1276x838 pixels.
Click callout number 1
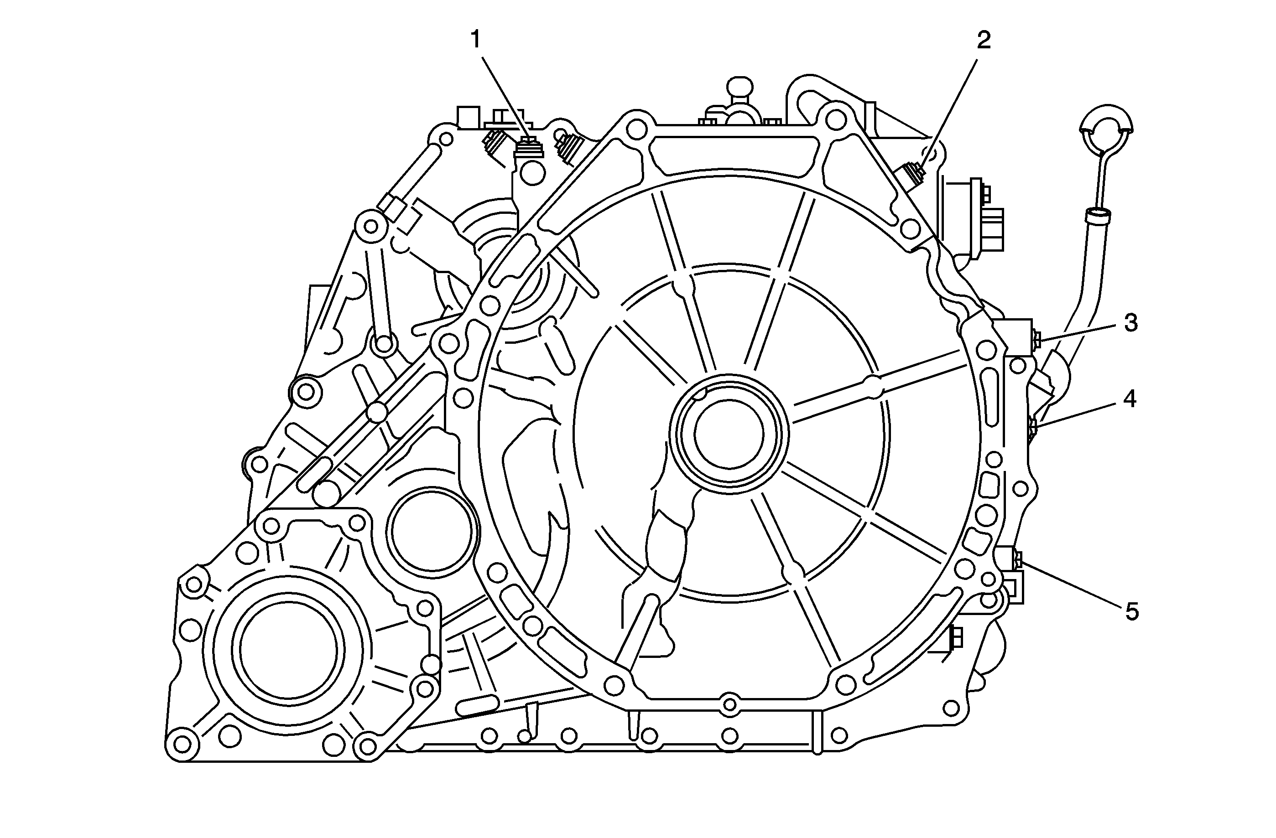pyautogui.click(x=475, y=40)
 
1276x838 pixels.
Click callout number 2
pyautogui.click(x=983, y=40)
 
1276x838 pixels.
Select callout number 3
pyautogui.click(x=1130, y=323)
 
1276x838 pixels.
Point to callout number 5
pyautogui.click(x=1131, y=612)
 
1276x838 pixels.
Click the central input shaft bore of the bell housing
pyautogui.click(x=729, y=434)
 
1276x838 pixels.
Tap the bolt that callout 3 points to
pyautogui.click(x=1036, y=339)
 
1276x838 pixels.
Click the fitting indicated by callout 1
pyautogui.click(x=529, y=147)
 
